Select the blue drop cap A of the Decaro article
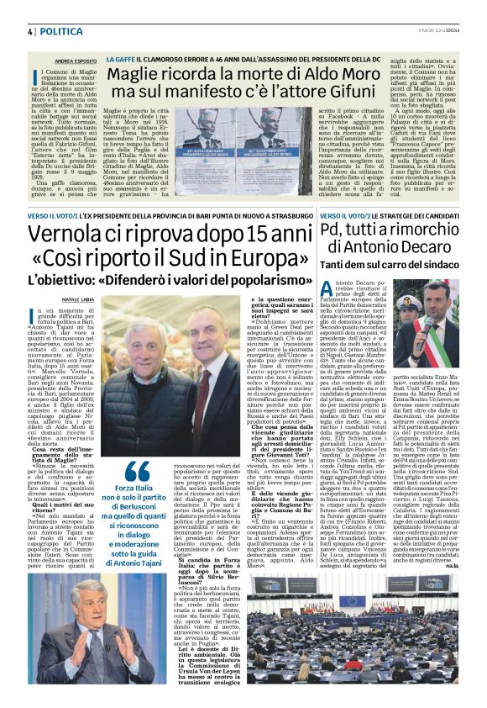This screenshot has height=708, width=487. pos(329,292)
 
